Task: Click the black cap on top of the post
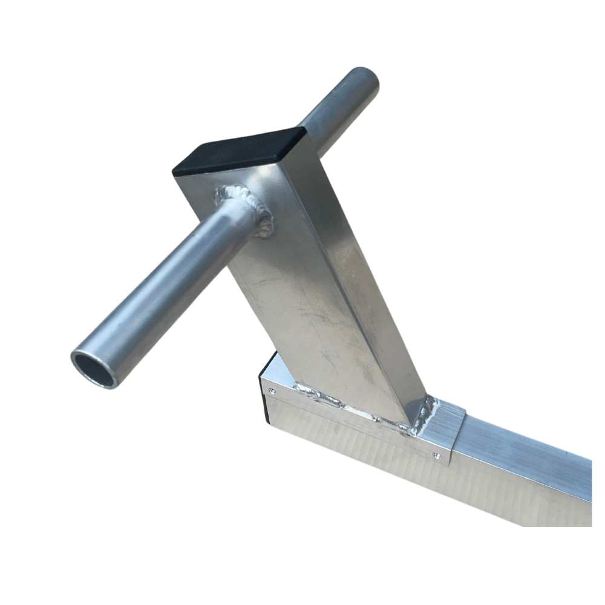coord(242,151)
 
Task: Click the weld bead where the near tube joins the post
coord(251,203)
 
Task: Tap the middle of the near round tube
coord(169,290)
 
